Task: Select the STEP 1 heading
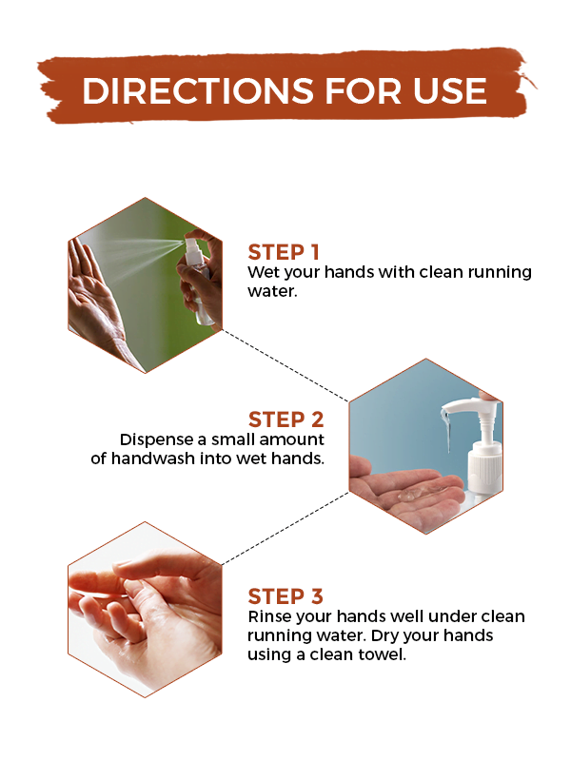(284, 252)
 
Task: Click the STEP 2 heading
(285, 420)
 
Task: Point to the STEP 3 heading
(285, 596)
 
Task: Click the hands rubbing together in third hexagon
(143, 609)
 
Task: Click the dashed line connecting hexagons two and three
(285, 528)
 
